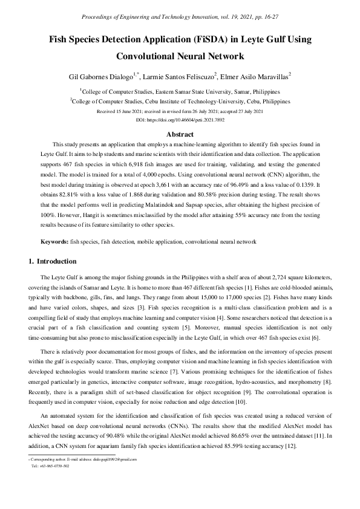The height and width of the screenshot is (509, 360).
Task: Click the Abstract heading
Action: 180,134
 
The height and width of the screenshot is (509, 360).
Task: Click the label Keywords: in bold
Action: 54,242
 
